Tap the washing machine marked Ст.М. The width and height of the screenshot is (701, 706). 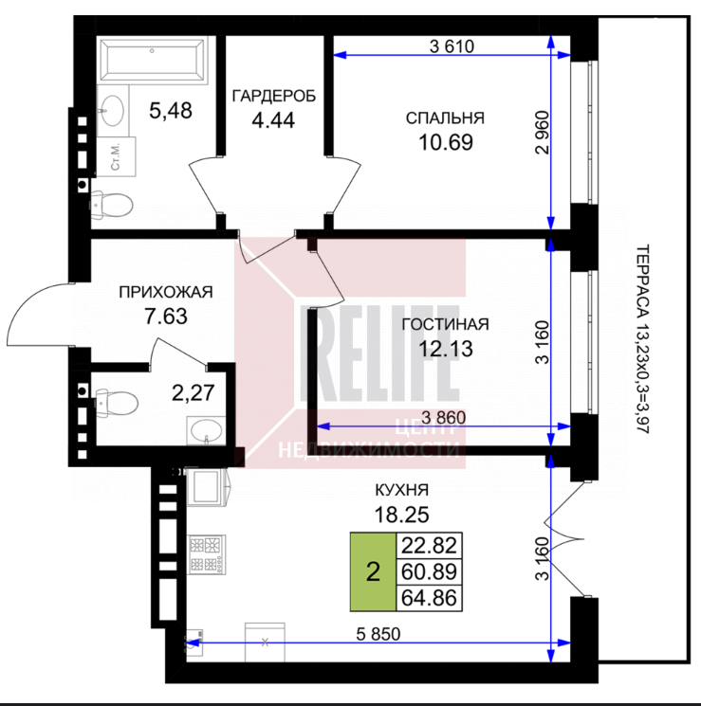click(x=117, y=156)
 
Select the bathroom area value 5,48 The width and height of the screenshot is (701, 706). click(x=171, y=110)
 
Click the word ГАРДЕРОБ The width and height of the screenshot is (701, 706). click(x=273, y=97)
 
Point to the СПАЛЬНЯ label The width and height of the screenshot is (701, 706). click(x=446, y=118)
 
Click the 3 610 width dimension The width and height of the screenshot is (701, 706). click(x=452, y=46)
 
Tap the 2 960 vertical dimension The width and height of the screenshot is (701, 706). click(x=543, y=133)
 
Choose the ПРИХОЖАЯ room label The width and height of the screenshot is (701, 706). click(x=166, y=292)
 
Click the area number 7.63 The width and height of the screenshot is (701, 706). click(x=166, y=317)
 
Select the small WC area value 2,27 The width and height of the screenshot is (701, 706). click(x=194, y=392)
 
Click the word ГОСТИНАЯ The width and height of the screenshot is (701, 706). click(x=446, y=324)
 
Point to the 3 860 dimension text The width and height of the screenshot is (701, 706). click(x=444, y=417)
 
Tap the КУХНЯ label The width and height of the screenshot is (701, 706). click(x=401, y=490)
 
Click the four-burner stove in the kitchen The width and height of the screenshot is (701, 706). click(x=207, y=554)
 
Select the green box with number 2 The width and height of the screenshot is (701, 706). click(x=373, y=571)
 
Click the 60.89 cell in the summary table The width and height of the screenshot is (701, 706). click(x=429, y=571)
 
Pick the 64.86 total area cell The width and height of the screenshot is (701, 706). click(x=429, y=598)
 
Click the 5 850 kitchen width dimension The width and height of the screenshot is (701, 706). click(x=378, y=634)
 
